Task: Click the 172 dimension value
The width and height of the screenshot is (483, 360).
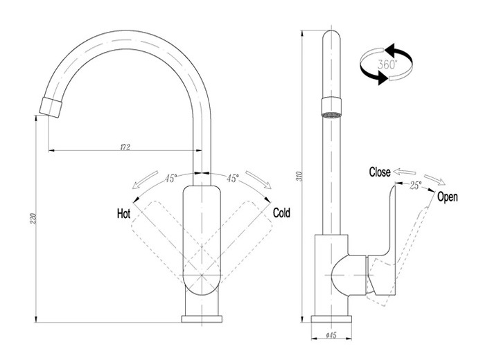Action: (125, 146)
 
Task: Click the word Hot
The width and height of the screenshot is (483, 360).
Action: (123, 214)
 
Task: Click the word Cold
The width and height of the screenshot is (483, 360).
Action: (281, 213)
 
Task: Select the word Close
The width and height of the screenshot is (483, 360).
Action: (380, 172)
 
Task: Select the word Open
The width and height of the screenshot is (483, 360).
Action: (448, 197)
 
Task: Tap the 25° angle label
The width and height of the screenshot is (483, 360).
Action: (415, 185)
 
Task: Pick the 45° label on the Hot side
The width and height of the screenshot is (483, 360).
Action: (171, 178)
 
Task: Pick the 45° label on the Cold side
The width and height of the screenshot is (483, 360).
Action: (232, 178)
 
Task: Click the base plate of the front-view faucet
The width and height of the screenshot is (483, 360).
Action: (202, 318)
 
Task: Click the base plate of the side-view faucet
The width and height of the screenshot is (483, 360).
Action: (331, 318)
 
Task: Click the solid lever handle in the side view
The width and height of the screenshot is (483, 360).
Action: (387, 222)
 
